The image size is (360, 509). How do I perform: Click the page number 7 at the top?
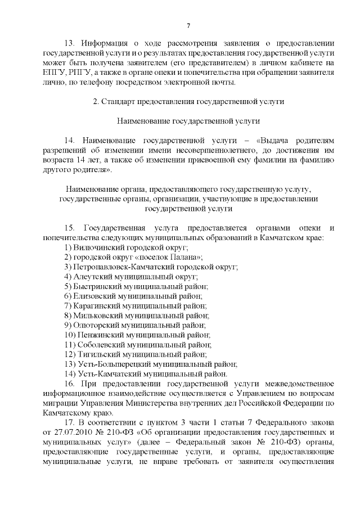[x=188, y=26]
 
